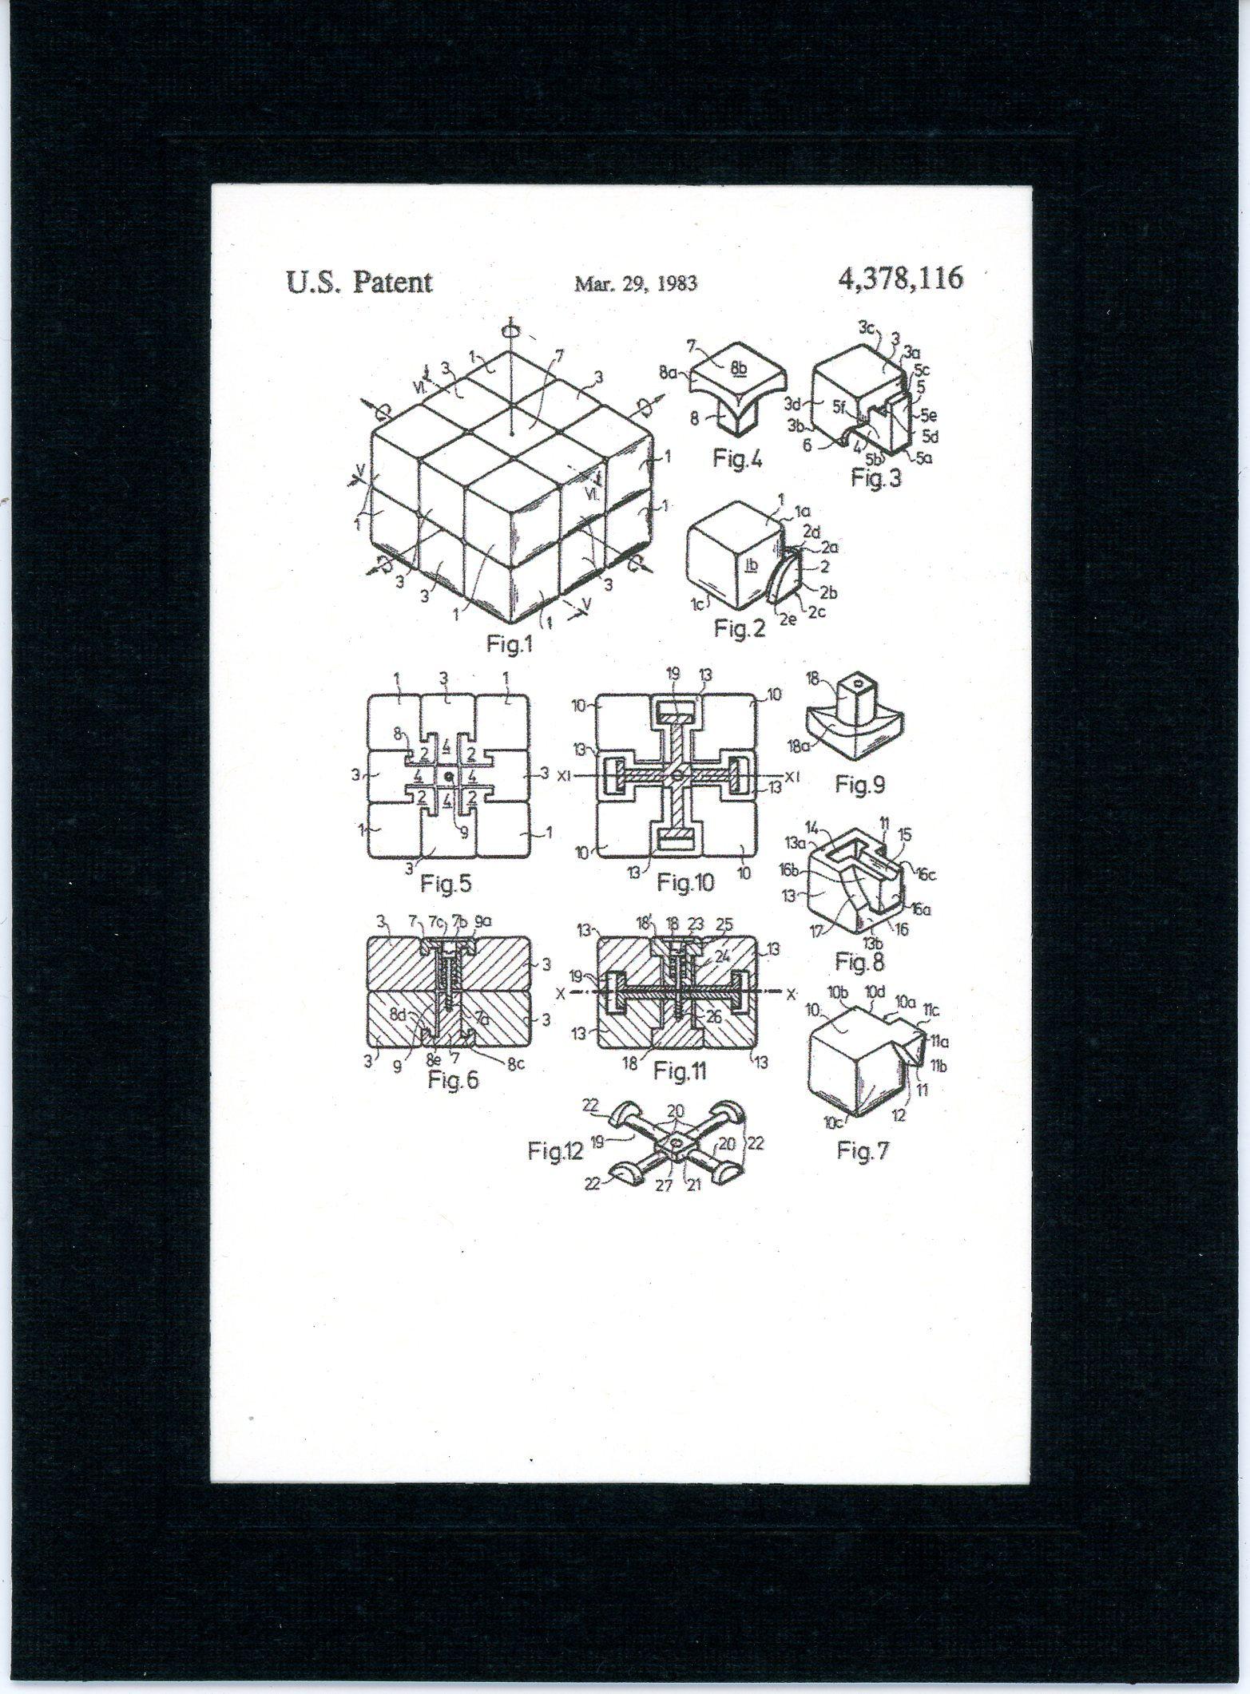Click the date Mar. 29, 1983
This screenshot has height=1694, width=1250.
coord(635,283)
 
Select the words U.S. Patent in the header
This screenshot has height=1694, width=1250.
coord(359,283)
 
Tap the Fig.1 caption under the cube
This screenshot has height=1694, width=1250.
coord(510,645)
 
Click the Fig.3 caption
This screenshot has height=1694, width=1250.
coord(876,480)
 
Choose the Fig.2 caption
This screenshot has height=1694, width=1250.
coord(739,629)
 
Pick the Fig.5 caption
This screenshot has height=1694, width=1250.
coord(446,884)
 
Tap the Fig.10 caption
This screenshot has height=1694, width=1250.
coord(685,882)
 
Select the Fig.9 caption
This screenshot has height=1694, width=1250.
coord(860,784)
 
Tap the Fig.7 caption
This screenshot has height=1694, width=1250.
coord(863,1150)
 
